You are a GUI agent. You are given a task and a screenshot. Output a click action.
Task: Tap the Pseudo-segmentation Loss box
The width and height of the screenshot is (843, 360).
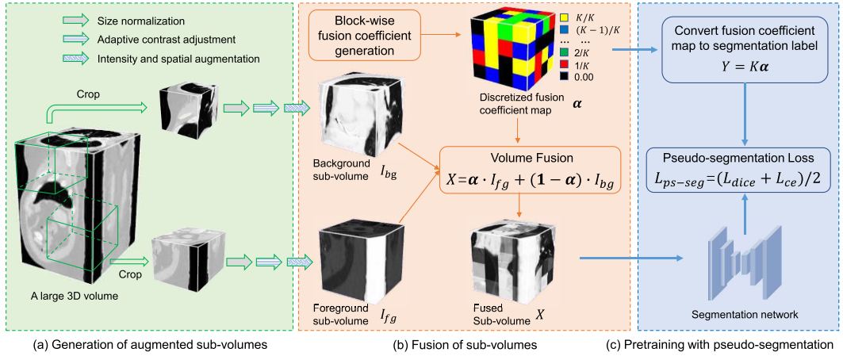742,169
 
